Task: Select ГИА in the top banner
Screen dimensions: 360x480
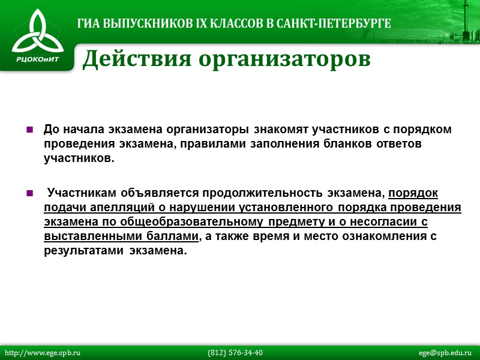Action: pyautogui.click(x=89, y=24)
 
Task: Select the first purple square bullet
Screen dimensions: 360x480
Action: pyautogui.click(x=29, y=130)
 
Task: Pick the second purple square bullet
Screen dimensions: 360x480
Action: pyautogui.click(x=29, y=193)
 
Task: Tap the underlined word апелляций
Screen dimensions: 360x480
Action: pyautogui.click(x=111, y=208)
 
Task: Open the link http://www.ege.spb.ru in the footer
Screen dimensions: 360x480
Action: pyautogui.click(x=43, y=353)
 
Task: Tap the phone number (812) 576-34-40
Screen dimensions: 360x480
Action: pyautogui.click(x=235, y=353)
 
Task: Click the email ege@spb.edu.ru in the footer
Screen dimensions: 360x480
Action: pyautogui.click(x=445, y=353)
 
